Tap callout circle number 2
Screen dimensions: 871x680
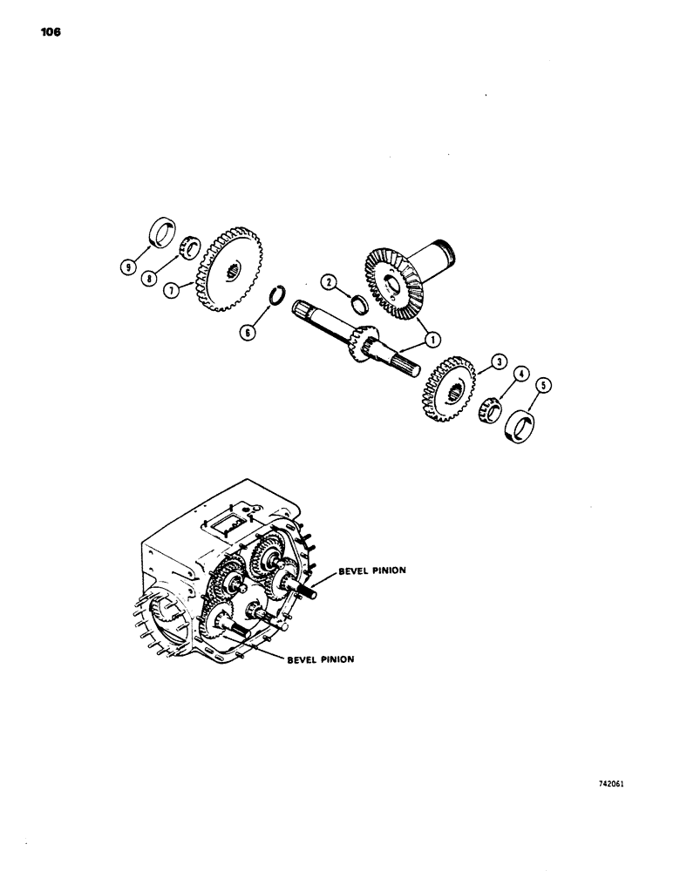pos(329,281)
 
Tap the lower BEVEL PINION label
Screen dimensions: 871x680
pos(320,659)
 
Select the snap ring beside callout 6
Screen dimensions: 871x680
pos(276,294)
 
